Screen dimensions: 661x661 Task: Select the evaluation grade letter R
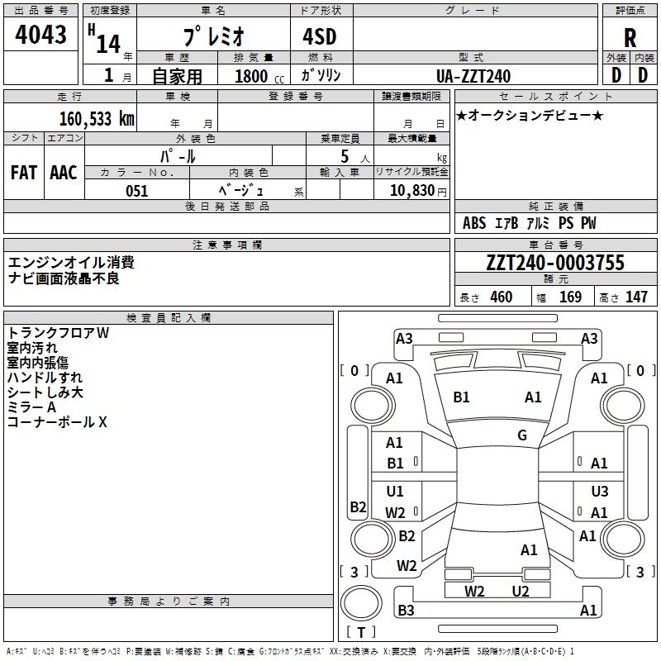630,39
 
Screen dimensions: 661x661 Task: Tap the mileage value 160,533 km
96,118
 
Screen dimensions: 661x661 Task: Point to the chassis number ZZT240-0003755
555,264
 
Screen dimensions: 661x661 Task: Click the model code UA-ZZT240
473,76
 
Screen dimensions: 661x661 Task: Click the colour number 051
136,191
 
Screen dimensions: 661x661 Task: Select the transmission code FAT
24,172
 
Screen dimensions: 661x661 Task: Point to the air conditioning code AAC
64,172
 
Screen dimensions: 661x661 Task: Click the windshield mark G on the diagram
522,435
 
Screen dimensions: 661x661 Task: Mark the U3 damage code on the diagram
600,492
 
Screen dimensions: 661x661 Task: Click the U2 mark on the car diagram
520,591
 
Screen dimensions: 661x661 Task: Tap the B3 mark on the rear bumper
406,611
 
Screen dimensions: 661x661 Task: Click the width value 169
571,297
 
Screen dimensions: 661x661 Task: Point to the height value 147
636,297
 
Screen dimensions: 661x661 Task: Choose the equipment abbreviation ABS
474,223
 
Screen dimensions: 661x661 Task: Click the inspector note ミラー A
31,407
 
